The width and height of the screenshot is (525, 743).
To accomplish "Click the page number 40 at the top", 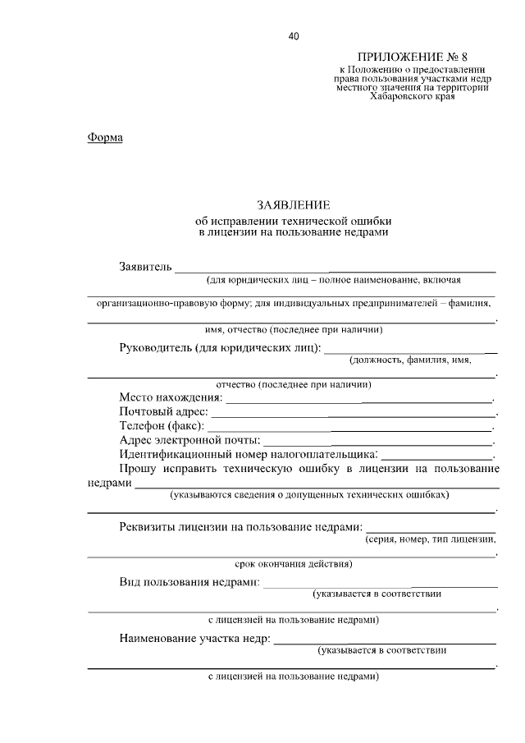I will pyautogui.click(x=294, y=35).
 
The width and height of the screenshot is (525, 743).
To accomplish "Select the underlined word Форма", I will pyautogui.click(x=105, y=137).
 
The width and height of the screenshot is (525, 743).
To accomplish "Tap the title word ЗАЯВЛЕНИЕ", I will pyautogui.click(x=293, y=204).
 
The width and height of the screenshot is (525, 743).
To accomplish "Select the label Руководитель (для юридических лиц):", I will pyautogui.click(x=220, y=347).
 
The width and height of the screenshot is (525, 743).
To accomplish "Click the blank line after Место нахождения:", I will pyautogui.click(x=358, y=400).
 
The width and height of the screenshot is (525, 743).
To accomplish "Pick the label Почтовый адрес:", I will pyautogui.click(x=163, y=411).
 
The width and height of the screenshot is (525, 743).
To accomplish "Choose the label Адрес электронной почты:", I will pyautogui.click(x=189, y=441).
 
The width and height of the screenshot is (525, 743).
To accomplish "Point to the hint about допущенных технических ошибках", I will pyautogui.click(x=310, y=496).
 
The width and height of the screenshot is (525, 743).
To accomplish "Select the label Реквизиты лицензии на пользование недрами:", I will pyautogui.click(x=240, y=526).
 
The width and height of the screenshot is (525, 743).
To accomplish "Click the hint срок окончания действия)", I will pyautogui.click(x=293, y=564).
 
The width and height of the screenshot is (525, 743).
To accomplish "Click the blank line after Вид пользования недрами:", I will pyautogui.click(x=381, y=585).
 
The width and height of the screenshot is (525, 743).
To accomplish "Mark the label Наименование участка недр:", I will pyautogui.click(x=194, y=638).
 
